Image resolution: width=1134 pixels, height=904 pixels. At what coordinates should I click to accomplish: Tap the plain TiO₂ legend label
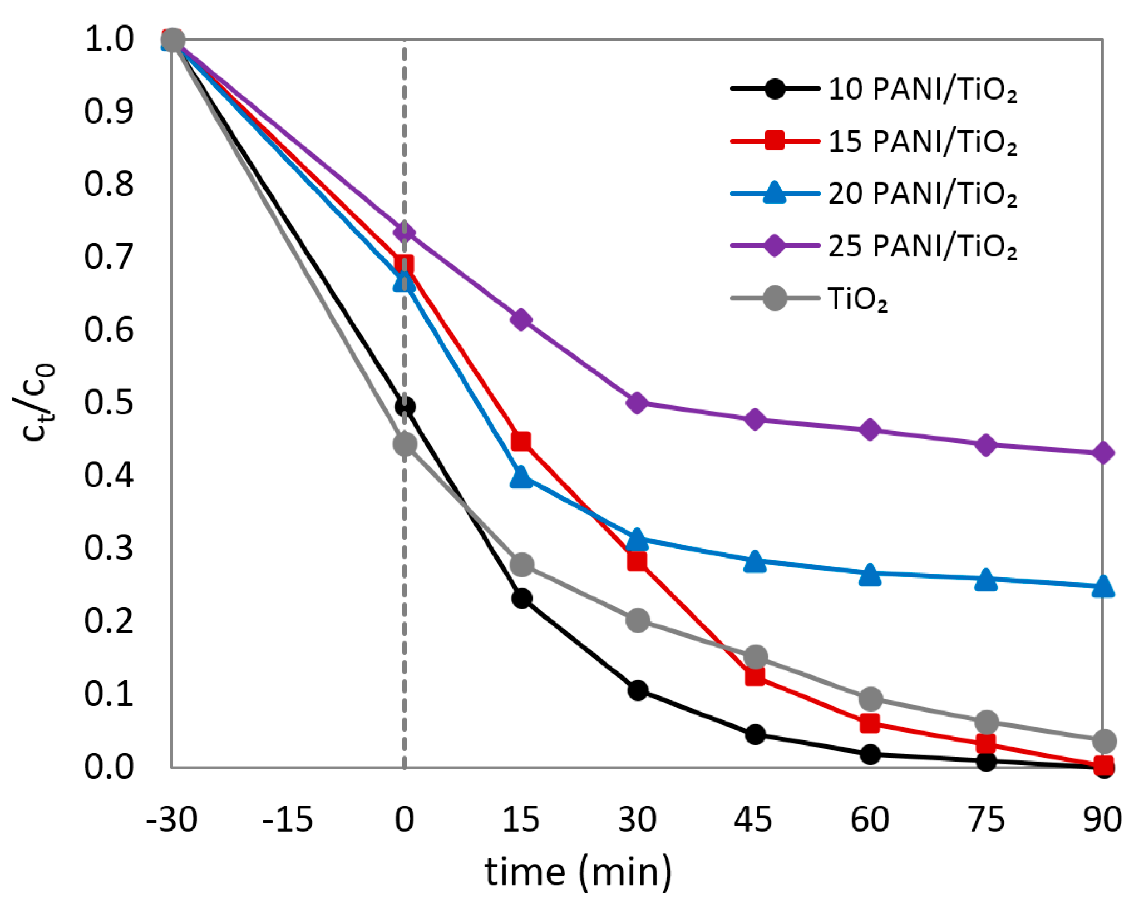[857, 299]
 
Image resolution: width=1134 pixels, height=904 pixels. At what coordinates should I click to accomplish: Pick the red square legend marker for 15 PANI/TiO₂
[775, 141]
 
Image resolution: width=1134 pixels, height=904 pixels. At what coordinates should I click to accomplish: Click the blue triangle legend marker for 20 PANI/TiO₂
[775, 194]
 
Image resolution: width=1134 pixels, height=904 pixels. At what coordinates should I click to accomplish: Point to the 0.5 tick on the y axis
[109, 402]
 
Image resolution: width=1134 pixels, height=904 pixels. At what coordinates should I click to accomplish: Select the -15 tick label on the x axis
[288, 819]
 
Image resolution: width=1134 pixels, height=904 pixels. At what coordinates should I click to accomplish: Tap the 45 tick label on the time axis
[753, 819]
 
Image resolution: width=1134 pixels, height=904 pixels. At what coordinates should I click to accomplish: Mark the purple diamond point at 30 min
[638, 402]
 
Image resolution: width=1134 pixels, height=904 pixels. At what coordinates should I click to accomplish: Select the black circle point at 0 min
[405, 407]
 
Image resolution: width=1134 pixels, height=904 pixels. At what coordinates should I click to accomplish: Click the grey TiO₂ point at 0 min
[405, 444]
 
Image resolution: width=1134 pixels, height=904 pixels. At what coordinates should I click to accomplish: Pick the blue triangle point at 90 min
[1103, 587]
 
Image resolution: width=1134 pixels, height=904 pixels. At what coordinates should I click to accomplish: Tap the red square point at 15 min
[521, 441]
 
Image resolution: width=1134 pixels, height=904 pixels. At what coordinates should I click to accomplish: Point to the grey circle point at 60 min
[870, 698]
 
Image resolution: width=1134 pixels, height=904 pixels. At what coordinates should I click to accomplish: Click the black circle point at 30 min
[638, 690]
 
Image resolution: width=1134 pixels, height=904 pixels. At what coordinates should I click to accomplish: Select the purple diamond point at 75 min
[986, 445]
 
